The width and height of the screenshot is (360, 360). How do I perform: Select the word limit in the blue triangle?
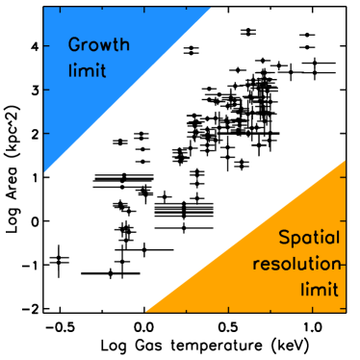(87, 71)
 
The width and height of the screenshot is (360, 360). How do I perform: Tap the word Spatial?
(309, 238)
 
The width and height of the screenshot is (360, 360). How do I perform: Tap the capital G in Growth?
(75, 45)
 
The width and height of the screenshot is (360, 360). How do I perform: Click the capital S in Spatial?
(283, 238)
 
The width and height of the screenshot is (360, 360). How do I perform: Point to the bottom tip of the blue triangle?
(44, 173)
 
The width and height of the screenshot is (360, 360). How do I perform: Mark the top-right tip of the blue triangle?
(211, 8)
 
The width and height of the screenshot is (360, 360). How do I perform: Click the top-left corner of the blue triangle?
(44, 8)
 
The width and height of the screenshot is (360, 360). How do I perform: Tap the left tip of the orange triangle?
(145, 312)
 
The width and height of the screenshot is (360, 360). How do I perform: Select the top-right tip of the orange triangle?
(345, 160)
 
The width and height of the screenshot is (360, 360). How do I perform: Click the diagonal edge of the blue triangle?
(127, 91)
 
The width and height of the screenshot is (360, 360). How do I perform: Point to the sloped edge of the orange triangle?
(245, 236)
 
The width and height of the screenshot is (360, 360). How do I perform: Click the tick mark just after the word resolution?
(342, 261)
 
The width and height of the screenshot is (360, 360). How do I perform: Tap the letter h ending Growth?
(124, 44)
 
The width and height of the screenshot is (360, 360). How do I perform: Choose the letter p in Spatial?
(295, 240)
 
